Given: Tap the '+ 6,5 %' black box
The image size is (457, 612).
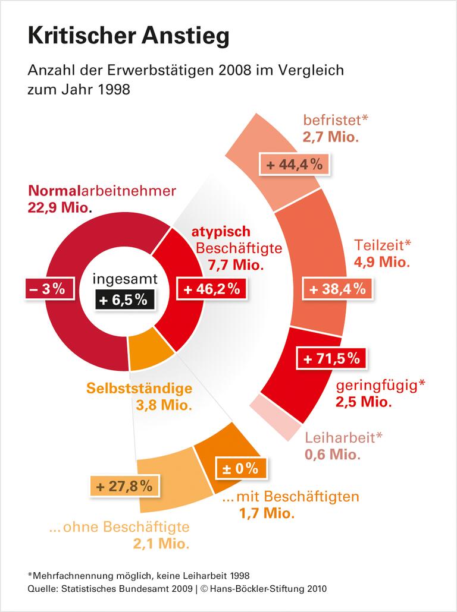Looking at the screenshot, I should [124, 299].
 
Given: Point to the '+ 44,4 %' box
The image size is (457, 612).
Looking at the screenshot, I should [295, 165].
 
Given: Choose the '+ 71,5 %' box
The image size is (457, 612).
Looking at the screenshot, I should [331, 358].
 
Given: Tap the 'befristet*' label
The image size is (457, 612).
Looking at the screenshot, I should [336, 120].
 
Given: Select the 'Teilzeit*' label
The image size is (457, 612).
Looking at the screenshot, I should [383, 245].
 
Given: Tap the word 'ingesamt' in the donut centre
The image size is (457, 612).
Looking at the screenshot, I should [124, 279].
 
